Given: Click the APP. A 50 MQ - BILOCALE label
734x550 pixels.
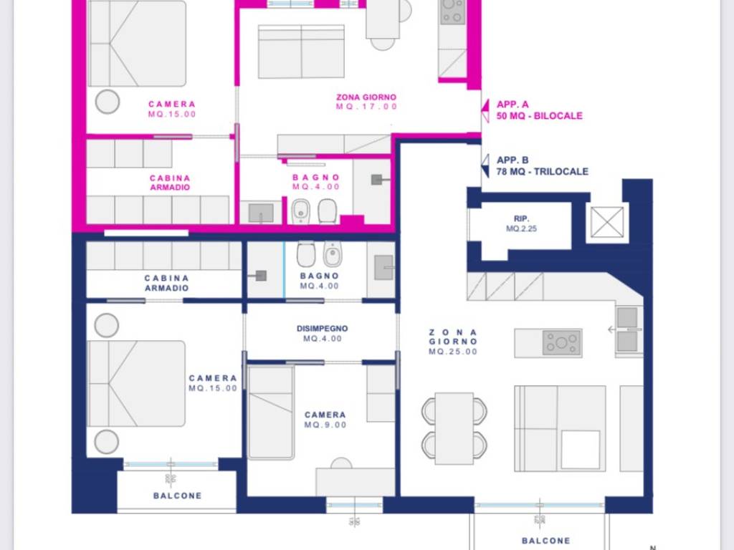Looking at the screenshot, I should pos(539,110).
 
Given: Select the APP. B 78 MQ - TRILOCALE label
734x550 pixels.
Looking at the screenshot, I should pos(542,166).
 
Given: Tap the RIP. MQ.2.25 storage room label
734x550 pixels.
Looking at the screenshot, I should pos(523,224).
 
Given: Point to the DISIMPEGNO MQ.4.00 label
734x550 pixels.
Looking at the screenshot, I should pos(322,334).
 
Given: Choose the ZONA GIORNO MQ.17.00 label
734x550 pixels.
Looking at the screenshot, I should pos(366,102).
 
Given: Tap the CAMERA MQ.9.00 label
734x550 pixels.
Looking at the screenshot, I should pos(325,420).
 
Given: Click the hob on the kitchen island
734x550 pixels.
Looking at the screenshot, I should pos(562,343).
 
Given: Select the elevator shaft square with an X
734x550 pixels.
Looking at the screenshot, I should pos(607,221).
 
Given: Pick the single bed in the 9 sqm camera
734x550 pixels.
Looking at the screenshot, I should pos(270,412).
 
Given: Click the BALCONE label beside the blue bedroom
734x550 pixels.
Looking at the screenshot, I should pos(177,496).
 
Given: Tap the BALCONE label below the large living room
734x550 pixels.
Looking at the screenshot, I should pos(545,541).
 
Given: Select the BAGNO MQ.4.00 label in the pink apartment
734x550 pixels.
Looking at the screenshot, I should pos(316,182).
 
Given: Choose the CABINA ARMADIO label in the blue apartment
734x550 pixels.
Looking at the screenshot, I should pos(166,283).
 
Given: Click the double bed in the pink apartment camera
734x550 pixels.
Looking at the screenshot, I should pos(137,43).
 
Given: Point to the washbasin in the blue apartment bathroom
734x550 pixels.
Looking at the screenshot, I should pos(383,267).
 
